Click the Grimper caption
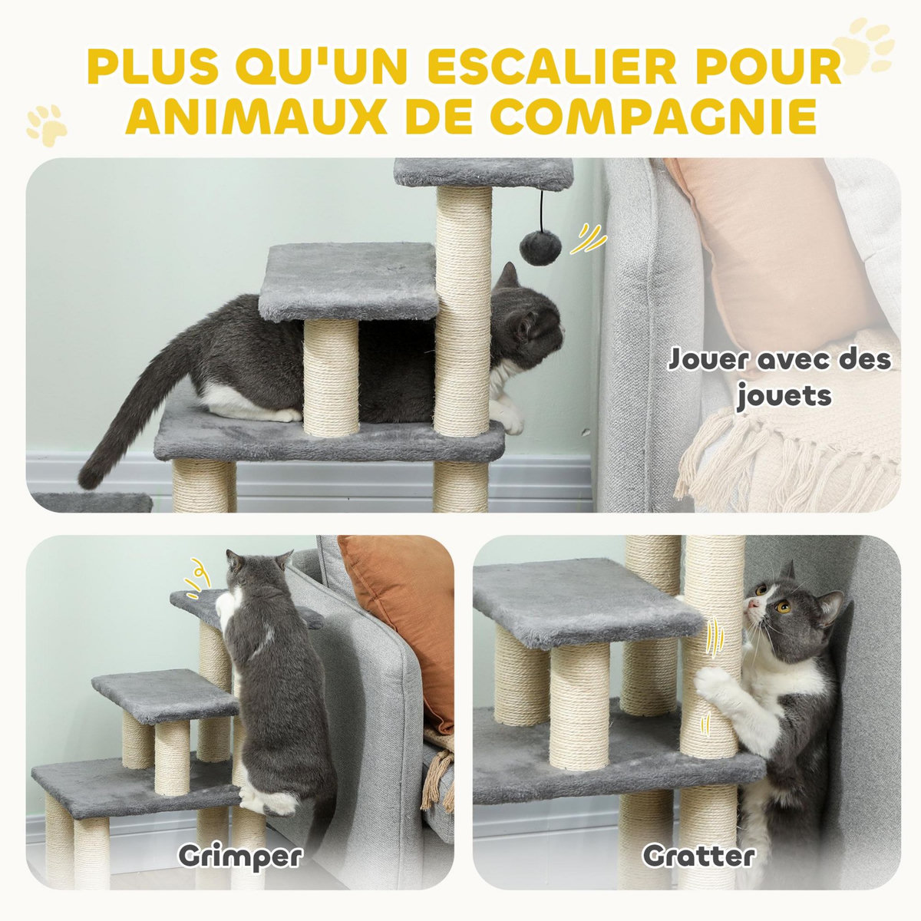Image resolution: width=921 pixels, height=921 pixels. pos(240,855)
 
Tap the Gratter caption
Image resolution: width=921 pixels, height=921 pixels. pos(698,855)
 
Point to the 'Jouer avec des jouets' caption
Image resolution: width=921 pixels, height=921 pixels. pos(779,377)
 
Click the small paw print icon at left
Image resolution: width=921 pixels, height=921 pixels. pos(46,124)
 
